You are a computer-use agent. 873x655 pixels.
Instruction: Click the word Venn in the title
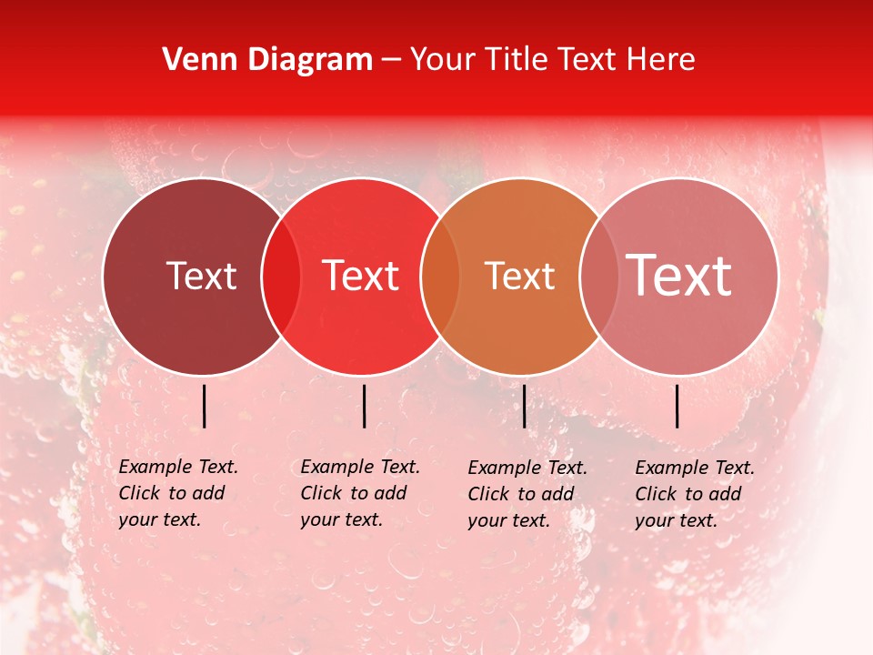[x=195, y=60]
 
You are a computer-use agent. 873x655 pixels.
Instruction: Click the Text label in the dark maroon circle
[x=201, y=276]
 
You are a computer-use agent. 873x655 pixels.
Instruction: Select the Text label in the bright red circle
[x=360, y=276]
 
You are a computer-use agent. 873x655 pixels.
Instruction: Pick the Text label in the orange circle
[x=519, y=276]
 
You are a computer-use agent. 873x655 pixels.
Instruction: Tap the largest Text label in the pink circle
[x=679, y=276]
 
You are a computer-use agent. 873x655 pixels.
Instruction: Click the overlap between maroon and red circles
[x=281, y=277]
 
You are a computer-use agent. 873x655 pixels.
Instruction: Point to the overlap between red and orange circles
[x=440, y=277]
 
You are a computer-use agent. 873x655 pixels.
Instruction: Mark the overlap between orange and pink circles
[x=598, y=277]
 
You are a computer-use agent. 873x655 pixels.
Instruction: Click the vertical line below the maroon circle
[x=205, y=406]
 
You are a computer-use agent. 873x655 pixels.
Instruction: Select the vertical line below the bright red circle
[x=364, y=406]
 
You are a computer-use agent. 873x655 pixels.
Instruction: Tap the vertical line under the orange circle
[x=525, y=406]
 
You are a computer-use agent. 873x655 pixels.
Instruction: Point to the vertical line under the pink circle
[x=677, y=406]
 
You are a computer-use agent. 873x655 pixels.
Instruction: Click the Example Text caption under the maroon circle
[x=177, y=493]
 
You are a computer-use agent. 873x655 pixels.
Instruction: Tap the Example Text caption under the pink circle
[x=694, y=494]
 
